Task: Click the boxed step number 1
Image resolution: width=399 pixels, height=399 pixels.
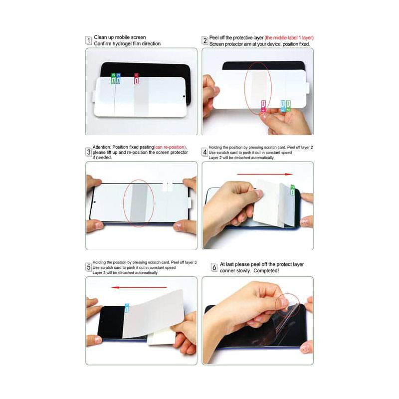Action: [89, 40]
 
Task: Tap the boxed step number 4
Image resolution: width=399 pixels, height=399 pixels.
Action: [204, 152]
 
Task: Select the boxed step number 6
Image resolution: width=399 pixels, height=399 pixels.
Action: [214, 267]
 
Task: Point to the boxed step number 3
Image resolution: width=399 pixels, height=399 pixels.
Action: [89, 152]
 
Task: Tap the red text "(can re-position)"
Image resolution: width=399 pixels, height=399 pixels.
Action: [170, 147]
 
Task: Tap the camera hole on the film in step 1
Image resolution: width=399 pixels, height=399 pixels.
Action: [184, 97]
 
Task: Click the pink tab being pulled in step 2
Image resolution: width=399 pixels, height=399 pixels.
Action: [263, 105]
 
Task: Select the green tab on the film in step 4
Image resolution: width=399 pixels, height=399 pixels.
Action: [292, 188]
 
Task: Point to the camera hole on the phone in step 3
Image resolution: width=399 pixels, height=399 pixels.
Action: [95, 202]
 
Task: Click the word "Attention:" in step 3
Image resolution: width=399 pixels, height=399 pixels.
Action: [103, 147]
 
